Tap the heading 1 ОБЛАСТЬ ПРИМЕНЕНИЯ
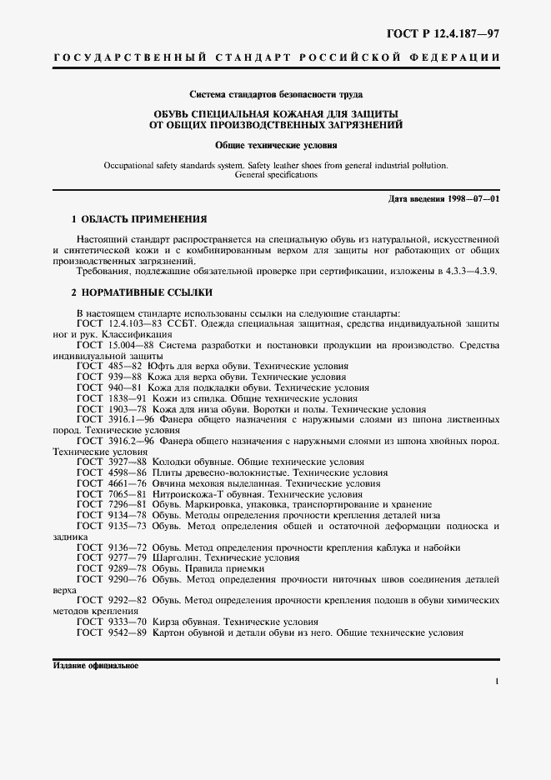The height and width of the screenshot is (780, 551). (x=139, y=219)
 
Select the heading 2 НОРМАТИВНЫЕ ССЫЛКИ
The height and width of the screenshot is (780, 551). (x=142, y=292)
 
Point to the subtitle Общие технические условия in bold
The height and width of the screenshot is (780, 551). (x=275, y=144)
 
